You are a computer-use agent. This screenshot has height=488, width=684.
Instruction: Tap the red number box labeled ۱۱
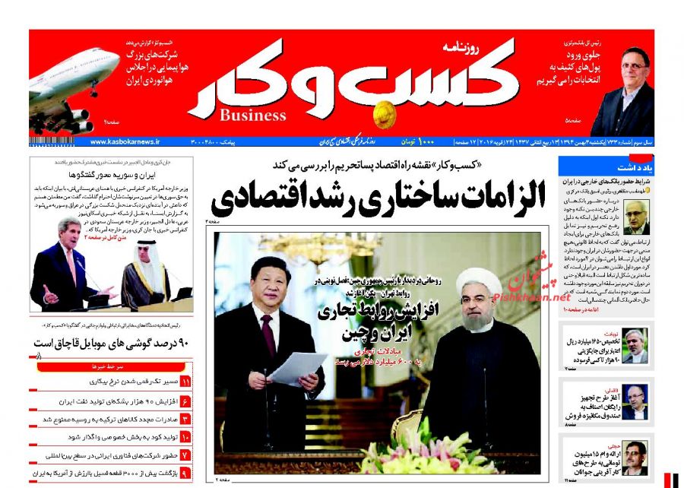185,382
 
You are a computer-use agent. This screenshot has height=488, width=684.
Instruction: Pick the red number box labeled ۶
185,401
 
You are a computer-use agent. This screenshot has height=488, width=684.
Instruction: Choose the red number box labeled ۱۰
185,437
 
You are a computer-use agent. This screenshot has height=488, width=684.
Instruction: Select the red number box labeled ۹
185,473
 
